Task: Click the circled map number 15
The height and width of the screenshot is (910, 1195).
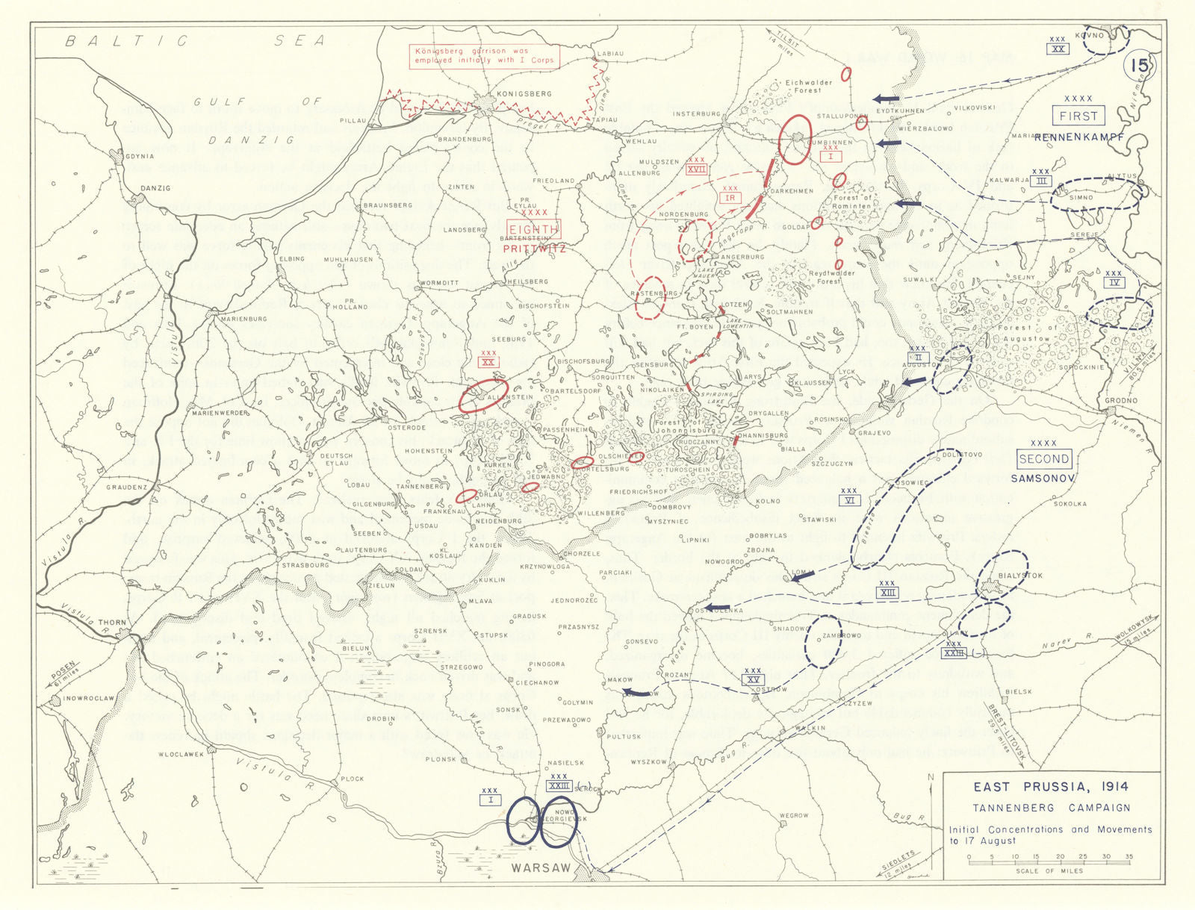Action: [x=1139, y=66]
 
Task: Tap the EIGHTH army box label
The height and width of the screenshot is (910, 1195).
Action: [x=533, y=229]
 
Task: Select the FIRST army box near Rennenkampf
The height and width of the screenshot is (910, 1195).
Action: [x=1078, y=116]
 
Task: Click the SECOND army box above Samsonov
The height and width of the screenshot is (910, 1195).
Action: [x=1043, y=459]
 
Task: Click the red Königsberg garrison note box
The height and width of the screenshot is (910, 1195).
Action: [x=484, y=56]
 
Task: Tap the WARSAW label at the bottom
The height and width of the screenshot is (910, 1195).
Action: [x=541, y=868]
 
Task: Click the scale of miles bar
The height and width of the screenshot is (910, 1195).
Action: [x=1049, y=862]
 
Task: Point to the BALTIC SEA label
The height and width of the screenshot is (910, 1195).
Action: [x=194, y=41]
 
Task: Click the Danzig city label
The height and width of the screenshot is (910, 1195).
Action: [x=155, y=188]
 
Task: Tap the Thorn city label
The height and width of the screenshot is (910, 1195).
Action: [x=112, y=623]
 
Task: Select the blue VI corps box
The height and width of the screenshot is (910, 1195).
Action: [x=849, y=500]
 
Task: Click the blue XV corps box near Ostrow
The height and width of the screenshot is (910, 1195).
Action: [x=753, y=679]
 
